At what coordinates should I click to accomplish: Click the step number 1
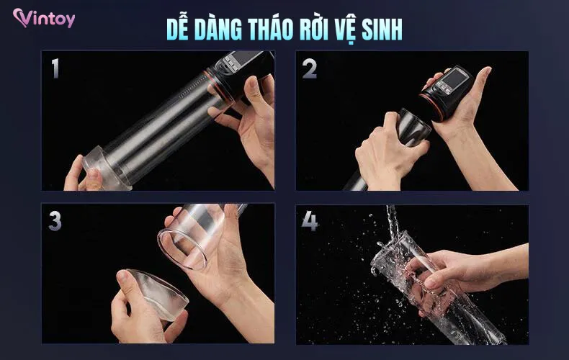55,68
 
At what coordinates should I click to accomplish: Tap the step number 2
310,68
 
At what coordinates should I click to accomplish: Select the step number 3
55,221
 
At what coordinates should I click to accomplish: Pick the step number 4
310,221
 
